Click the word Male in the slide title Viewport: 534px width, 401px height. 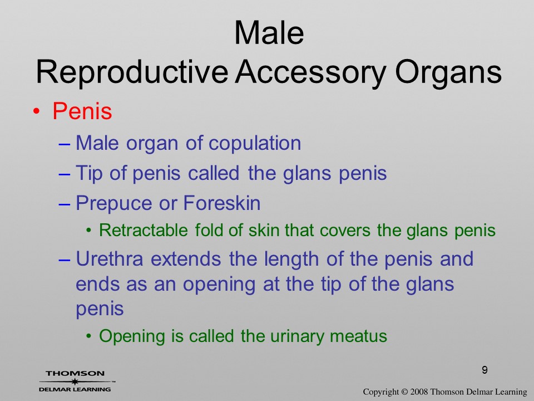[x=269, y=33]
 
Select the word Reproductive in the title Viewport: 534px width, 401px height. [x=132, y=72]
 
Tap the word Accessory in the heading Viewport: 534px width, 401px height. [x=310, y=72]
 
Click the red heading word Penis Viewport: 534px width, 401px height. [x=82, y=111]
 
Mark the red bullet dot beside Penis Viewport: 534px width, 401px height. [x=37, y=112]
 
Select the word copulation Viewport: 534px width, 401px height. [x=255, y=143]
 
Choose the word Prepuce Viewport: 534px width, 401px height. [x=113, y=204]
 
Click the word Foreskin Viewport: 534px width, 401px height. [x=222, y=203]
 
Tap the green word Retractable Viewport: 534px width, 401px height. [x=144, y=230]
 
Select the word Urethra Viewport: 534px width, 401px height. [x=110, y=259]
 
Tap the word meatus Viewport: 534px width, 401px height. [x=359, y=336]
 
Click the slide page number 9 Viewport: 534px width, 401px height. [x=484, y=370]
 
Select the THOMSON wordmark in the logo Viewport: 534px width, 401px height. [x=75, y=373]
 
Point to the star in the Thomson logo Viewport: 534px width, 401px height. [x=75, y=382]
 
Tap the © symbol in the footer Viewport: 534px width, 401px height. [x=404, y=392]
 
